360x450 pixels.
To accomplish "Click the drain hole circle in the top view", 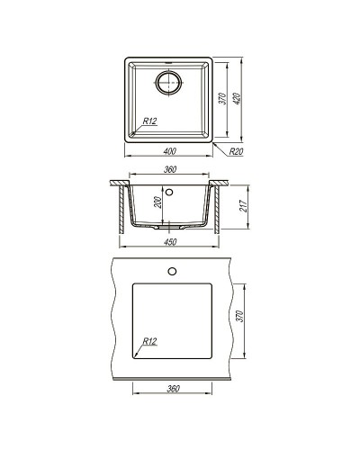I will [x=168, y=84].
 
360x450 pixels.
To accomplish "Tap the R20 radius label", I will [x=236, y=153].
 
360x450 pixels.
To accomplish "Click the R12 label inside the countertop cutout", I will [x=150, y=341].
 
